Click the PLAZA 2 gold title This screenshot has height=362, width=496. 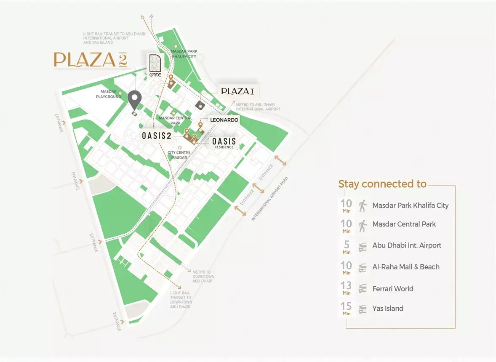point(90,60)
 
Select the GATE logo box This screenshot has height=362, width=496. point(155,65)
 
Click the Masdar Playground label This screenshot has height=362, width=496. point(111,94)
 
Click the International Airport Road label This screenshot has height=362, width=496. point(269,199)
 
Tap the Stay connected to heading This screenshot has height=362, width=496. point(382,184)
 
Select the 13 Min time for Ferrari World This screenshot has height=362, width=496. point(347,288)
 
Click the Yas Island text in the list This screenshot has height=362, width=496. point(388,309)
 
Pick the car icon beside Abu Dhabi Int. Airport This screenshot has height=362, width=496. point(363,247)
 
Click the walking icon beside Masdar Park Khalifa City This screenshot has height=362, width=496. point(363,206)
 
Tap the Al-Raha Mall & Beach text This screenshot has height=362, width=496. point(406,267)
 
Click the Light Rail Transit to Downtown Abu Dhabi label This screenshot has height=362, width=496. point(181,300)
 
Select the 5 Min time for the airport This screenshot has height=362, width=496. point(347,246)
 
